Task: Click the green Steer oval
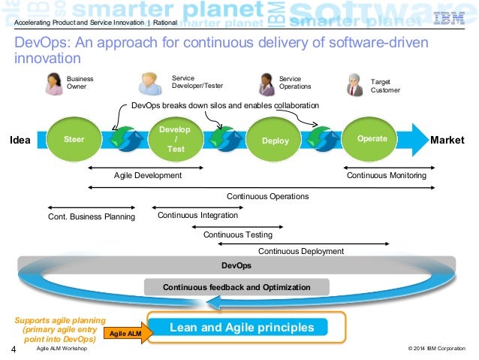(x=74, y=139)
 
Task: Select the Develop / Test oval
(x=175, y=140)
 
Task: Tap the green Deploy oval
(x=275, y=141)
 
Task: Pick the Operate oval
(x=372, y=139)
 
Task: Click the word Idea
(x=20, y=140)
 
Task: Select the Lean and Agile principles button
(x=242, y=328)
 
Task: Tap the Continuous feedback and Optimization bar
(x=236, y=287)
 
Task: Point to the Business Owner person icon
(x=53, y=84)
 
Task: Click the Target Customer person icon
(x=354, y=85)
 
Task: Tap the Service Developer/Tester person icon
(x=150, y=83)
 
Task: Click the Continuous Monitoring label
(x=386, y=175)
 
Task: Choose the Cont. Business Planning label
(x=92, y=217)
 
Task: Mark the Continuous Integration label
(x=197, y=215)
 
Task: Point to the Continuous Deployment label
(x=301, y=251)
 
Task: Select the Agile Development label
(x=148, y=175)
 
